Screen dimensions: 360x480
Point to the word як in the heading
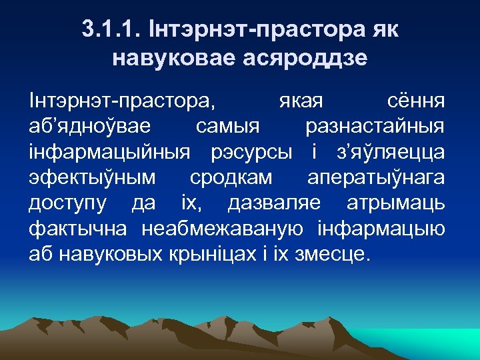pyautogui.click(x=385, y=31)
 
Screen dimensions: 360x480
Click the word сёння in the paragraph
pyautogui.click(x=417, y=102)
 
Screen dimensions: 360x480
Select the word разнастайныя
pyautogui.click(x=375, y=127)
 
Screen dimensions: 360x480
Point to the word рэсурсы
pyautogui.click(x=251, y=153)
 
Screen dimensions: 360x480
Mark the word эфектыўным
pyautogui.click(x=93, y=178)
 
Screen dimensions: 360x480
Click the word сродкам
pyautogui.click(x=231, y=178)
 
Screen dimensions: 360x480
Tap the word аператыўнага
pyautogui.click(x=377, y=178)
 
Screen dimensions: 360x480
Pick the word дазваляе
pyautogui.click(x=274, y=203)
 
